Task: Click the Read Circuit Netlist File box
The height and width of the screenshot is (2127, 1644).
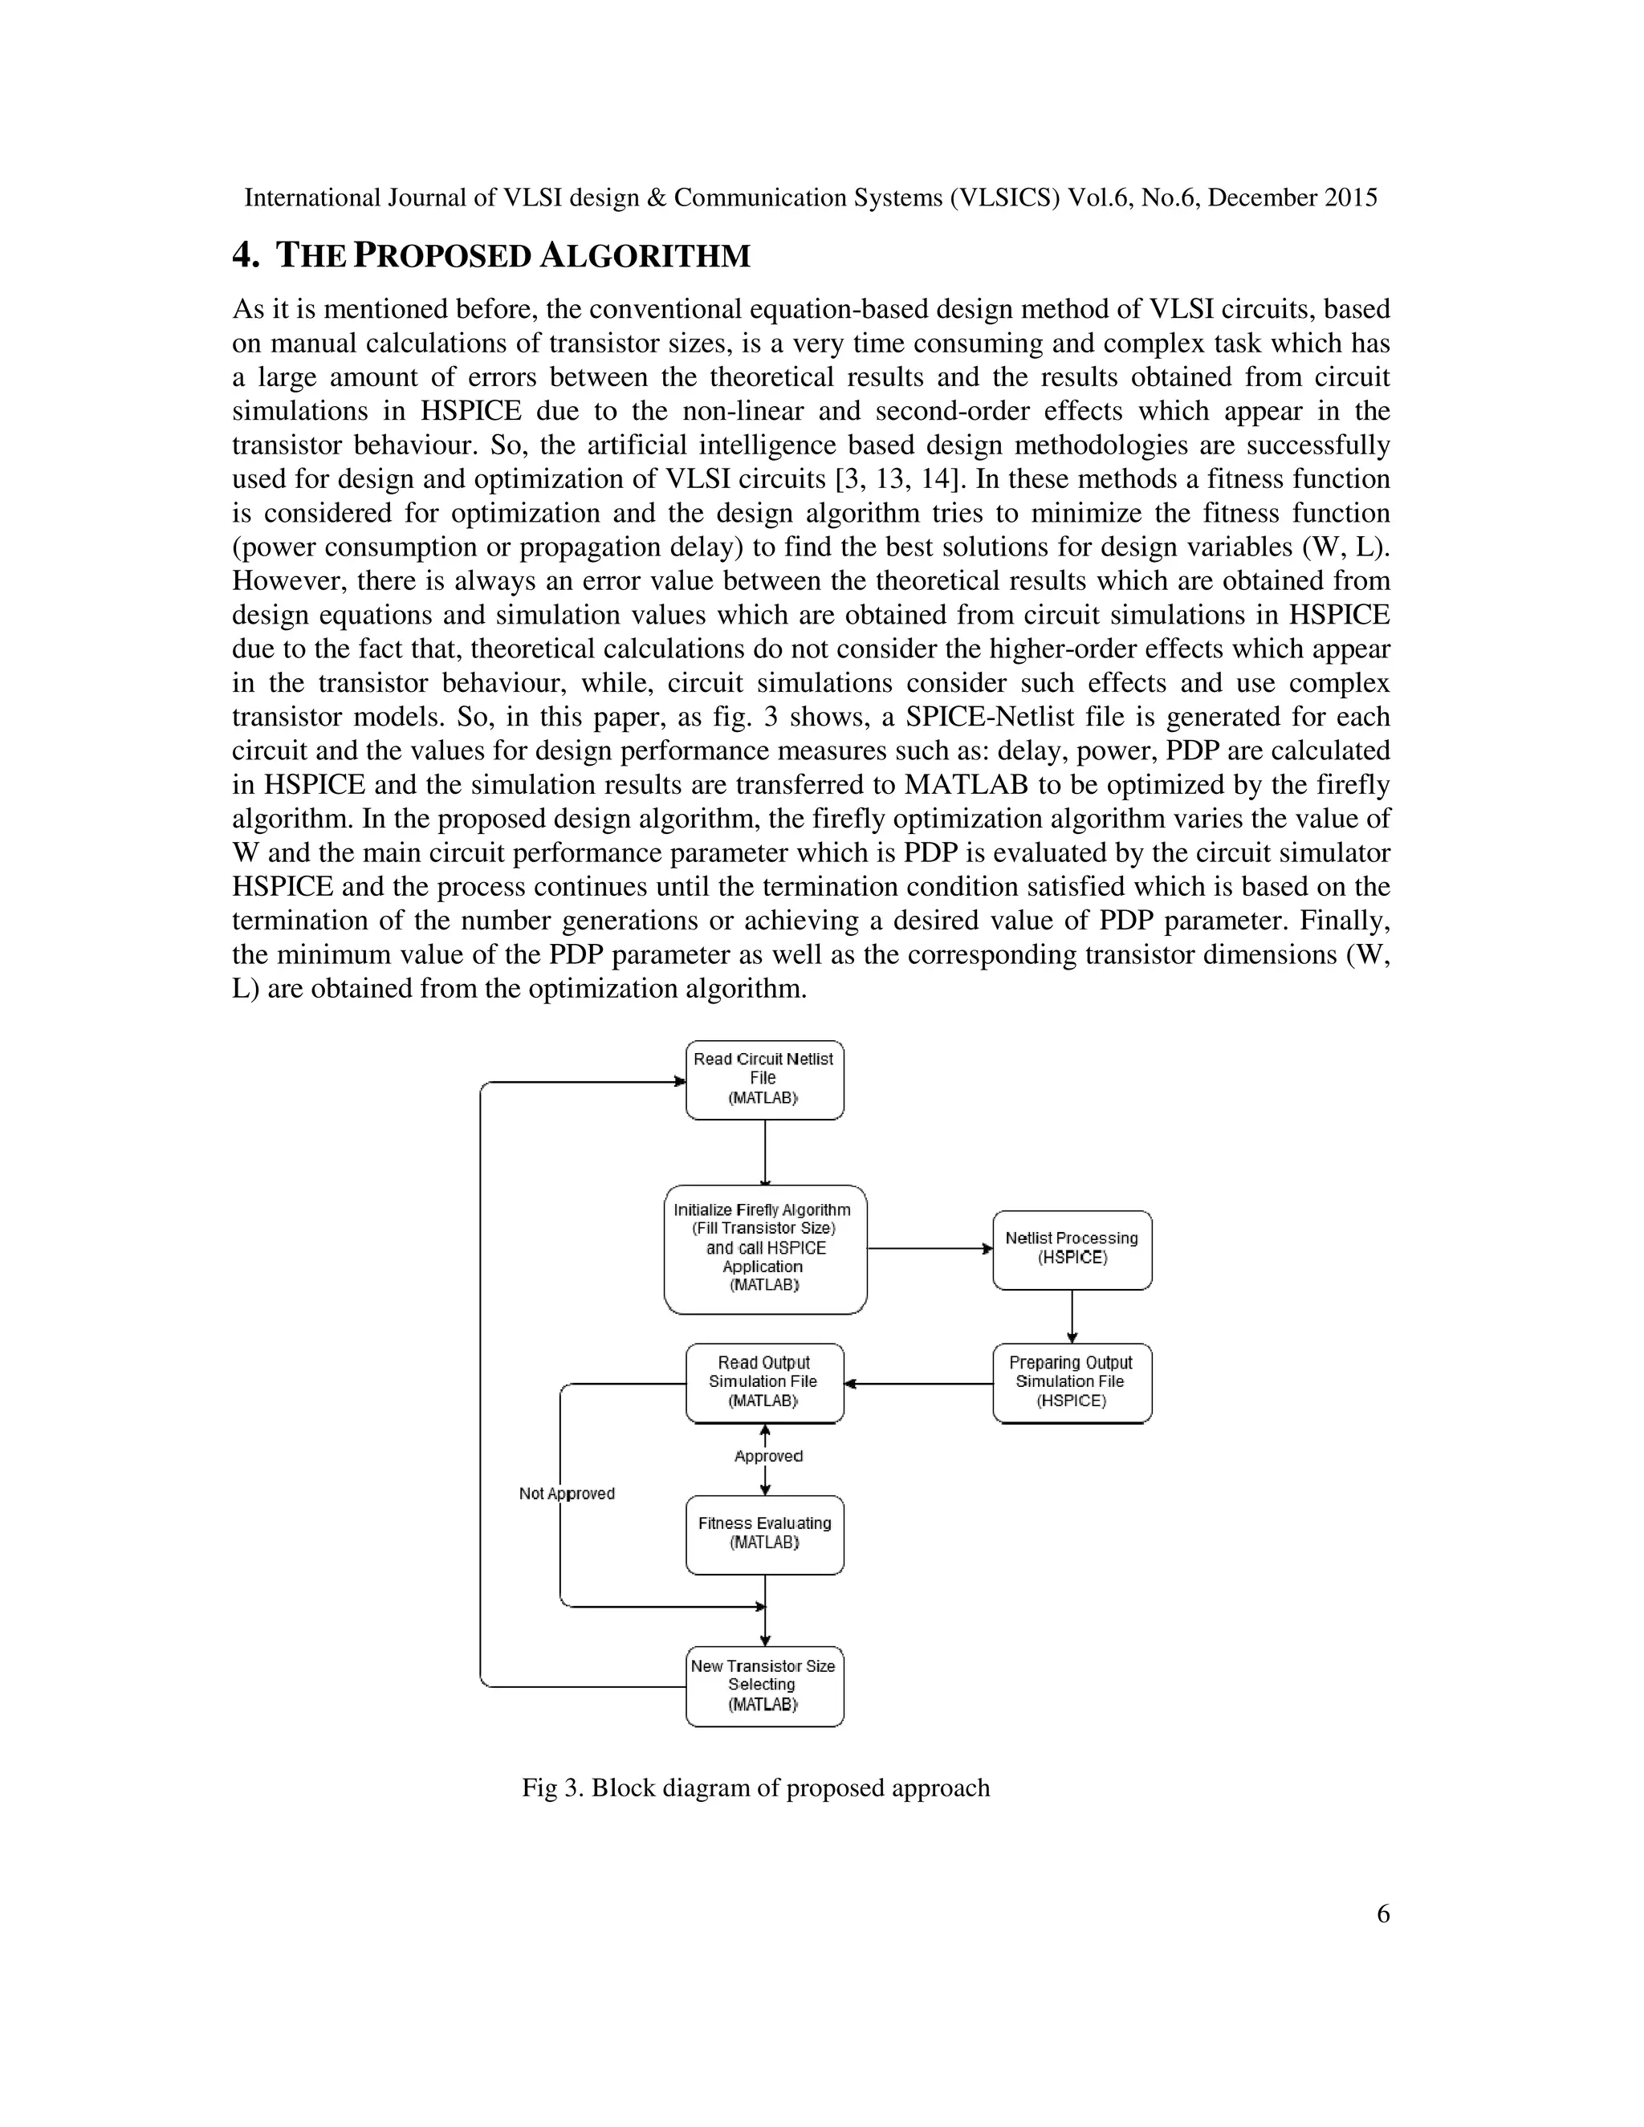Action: (x=764, y=1079)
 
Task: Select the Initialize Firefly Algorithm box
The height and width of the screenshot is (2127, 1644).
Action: (x=764, y=1249)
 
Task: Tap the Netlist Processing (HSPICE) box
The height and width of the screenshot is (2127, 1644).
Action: (x=1072, y=1249)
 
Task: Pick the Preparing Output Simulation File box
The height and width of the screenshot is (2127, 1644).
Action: (x=1072, y=1382)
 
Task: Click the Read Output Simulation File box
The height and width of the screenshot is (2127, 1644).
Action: (x=764, y=1382)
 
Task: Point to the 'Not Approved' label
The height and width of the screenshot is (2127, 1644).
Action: (x=567, y=1494)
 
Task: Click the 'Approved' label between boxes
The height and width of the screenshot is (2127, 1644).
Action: (x=768, y=1456)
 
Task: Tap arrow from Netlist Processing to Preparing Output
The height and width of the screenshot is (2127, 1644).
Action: (x=1072, y=1316)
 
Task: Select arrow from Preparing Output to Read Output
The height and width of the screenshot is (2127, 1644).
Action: (x=918, y=1383)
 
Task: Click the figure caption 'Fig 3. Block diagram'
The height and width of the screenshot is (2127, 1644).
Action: (x=755, y=1788)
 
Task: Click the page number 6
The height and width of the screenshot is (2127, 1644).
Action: (x=1382, y=1914)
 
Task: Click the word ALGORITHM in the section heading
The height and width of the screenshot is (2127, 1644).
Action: (x=645, y=256)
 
